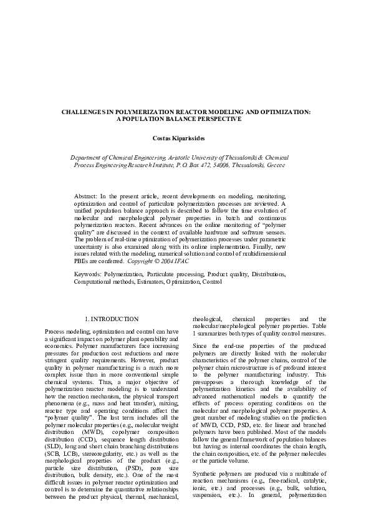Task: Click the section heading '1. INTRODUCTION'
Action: tap(111, 319)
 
